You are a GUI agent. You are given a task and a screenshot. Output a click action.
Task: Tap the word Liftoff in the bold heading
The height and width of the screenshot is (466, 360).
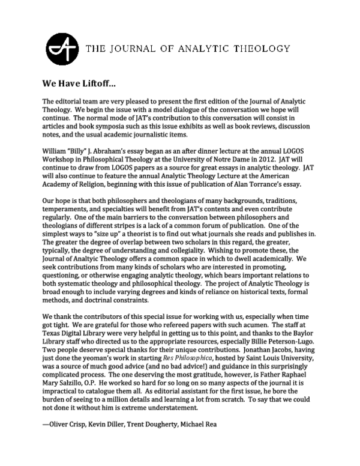click(x=97, y=82)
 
